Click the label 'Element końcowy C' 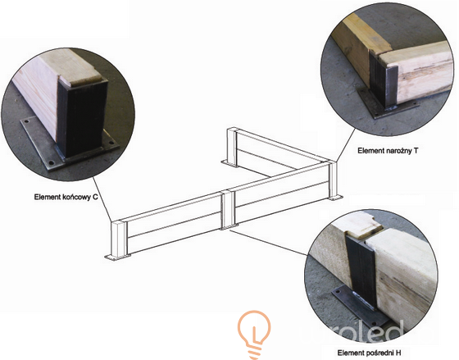point(66,197)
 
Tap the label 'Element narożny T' point(388,151)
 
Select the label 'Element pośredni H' point(369,353)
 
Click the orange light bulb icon point(254,335)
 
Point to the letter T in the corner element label point(416,151)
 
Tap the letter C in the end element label point(95,197)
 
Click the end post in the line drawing point(119,239)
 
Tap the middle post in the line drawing point(228,209)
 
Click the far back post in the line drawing point(233,146)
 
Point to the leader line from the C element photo point(102,199)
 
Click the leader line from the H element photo point(269,243)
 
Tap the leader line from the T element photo point(345,146)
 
